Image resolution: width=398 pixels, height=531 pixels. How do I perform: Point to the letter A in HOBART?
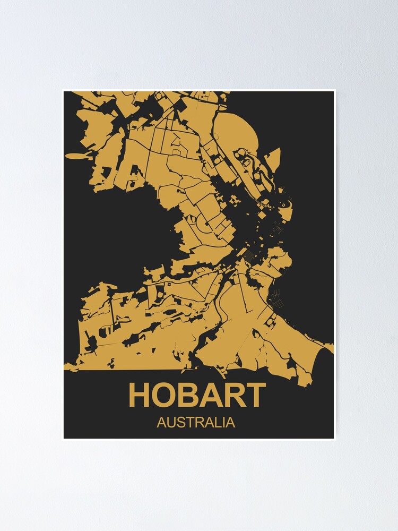212,395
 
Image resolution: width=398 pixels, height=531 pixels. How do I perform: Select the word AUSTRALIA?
196,423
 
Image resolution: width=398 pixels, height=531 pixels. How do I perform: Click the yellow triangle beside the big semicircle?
273,158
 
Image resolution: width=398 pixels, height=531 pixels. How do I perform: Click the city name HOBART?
197,395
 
